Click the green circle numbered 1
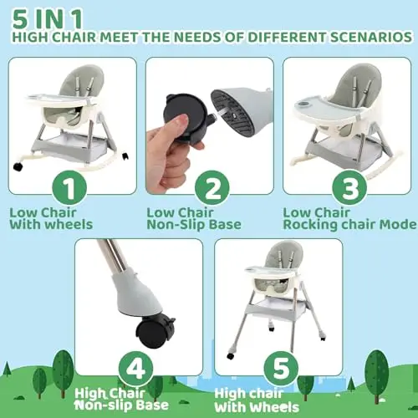click(69, 188)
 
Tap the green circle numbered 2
click(212, 188)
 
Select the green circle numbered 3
click(349, 188)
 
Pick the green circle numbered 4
click(136, 369)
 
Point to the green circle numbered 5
click(281, 369)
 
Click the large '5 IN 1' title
click(48, 19)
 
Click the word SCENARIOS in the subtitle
click(371, 38)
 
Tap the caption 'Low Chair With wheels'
click(51, 219)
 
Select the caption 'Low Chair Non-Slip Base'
click(194, 219)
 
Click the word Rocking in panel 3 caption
click(310, 225)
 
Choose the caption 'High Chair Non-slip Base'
click(121, 400)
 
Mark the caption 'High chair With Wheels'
click(257, 400)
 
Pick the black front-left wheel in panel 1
click(18, 166)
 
